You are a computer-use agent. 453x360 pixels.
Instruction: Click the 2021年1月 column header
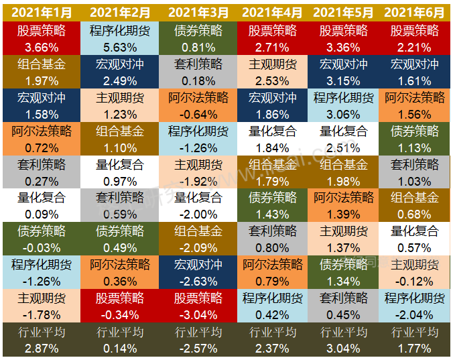(x=42, y=13)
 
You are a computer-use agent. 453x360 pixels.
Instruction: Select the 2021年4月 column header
(x=272, y=13)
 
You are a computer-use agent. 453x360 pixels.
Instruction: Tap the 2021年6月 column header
(x=414, y=13)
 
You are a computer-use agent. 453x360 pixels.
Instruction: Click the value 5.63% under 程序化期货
(x=120, y=48)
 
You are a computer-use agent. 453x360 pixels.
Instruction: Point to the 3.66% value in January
(x=42, y=48)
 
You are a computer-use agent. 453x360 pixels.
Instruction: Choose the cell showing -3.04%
(x=198, y=315)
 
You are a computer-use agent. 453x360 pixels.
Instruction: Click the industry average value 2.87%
(x=42, y=349)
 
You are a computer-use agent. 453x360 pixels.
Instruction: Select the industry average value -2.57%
(x=198, y=349)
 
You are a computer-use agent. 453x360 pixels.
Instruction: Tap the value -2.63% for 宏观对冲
(x=198, y=282)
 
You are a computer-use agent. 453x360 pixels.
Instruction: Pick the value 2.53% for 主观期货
(x=272, y=81)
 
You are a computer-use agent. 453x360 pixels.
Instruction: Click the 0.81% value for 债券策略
(x=198, y=48)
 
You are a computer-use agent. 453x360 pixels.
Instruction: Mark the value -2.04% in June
(x=414, y=315)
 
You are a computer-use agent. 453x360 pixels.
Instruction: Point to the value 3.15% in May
(x=343, y=81)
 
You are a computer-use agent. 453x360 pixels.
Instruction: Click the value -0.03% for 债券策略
(x=42, y=248)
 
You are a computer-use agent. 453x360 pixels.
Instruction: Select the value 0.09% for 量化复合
(x=42, y=215)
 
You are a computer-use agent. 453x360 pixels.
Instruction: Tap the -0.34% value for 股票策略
(x=120, y=315)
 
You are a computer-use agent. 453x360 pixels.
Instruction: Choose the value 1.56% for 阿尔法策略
(x=414, y=115)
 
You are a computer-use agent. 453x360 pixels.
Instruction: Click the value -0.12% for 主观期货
(x=414, y=282)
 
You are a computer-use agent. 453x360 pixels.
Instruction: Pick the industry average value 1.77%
(x=414, y=349)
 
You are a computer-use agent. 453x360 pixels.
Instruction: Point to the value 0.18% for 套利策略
(x=198, y=81)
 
